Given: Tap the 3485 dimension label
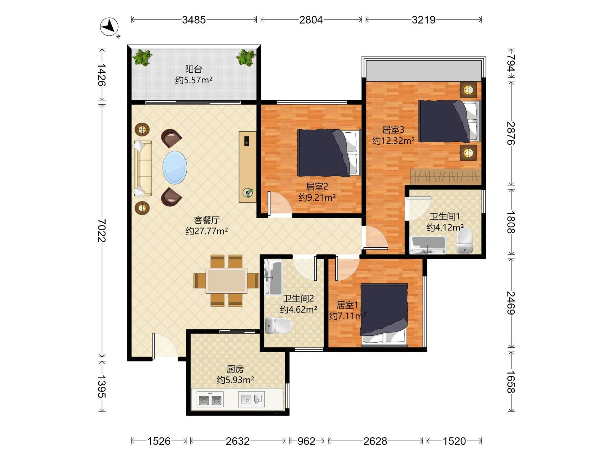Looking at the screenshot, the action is coord(194,20).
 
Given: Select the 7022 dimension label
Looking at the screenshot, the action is coord(102,231).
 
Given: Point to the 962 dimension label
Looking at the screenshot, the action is coord(306,441).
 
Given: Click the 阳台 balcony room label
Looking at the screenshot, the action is coord(194,69).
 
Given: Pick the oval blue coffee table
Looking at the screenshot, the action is coord(175,167).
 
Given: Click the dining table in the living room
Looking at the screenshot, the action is coord(226,280).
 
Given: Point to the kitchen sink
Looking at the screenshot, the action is coord(251,399).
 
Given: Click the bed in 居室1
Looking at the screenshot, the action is coord(384,315).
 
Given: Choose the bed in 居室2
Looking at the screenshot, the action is coord(329,153).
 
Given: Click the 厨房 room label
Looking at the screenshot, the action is coord(235,369).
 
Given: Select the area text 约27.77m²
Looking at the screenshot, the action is coord(207,231).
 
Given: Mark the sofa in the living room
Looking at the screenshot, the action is coord(143,168).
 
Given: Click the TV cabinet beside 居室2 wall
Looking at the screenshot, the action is coord(247,167).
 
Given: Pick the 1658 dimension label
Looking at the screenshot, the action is coord(511,382).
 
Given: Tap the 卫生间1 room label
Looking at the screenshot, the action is coord(444,216).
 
